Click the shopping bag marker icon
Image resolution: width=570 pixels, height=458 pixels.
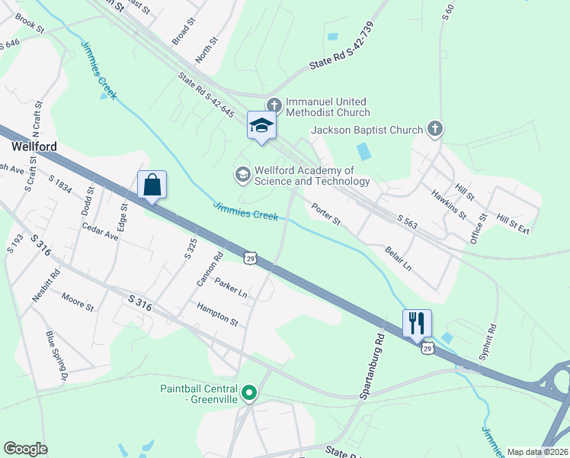point(152,185)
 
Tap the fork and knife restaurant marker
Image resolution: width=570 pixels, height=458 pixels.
point(416,322)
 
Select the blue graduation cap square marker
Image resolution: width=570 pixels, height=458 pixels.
point(261,126)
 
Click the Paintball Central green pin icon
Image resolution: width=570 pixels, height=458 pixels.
point(249,394)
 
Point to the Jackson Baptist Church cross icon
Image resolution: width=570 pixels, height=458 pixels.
point(435,128)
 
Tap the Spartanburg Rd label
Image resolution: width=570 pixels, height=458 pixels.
point(375,365)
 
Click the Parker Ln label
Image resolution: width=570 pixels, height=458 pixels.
point(231,289)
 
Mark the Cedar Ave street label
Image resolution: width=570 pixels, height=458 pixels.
point(101,231)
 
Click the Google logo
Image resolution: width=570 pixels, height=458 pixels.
point(25,449)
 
